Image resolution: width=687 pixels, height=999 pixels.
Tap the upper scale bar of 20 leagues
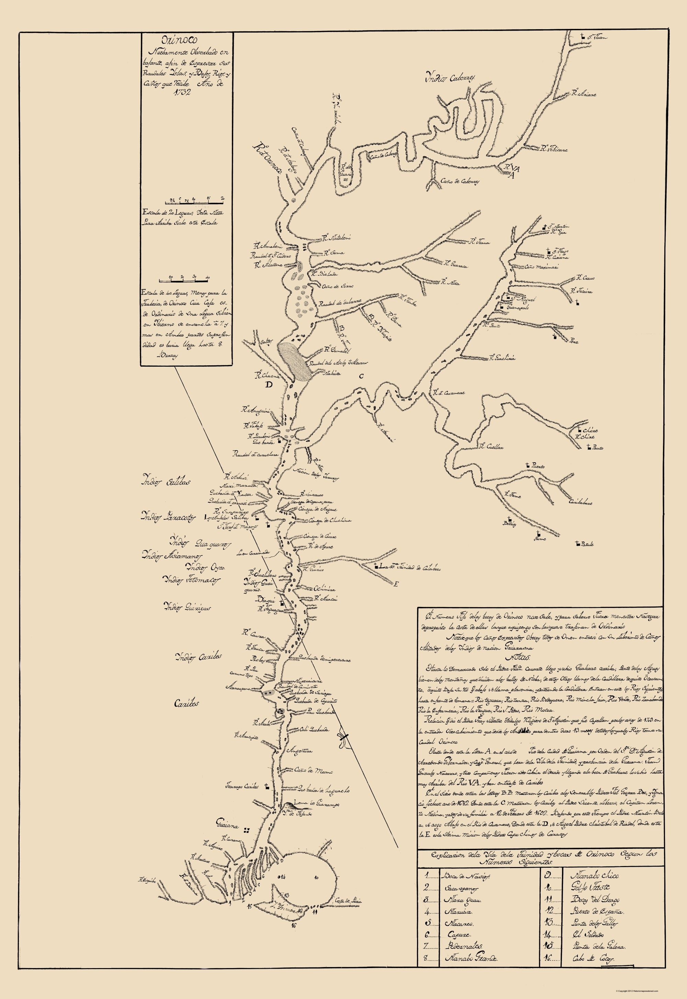coord(194,201)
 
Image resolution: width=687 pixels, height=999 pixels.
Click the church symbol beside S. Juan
coord(583,37)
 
